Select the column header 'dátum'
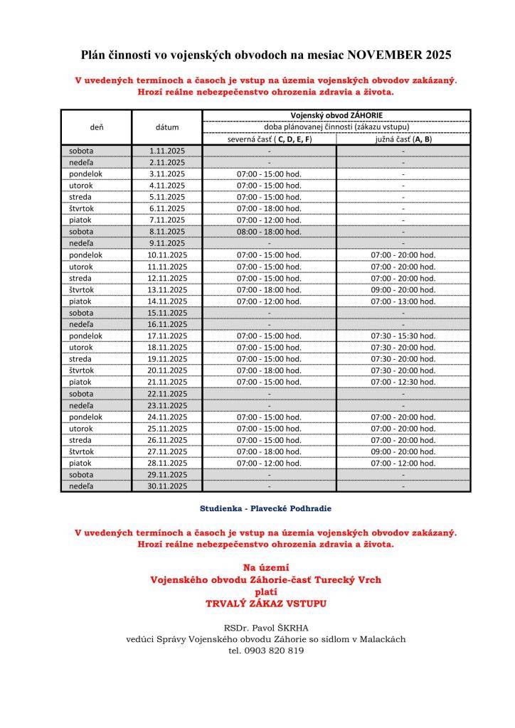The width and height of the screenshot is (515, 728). pos(167,127)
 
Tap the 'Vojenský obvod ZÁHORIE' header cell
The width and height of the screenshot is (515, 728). pos(336,115)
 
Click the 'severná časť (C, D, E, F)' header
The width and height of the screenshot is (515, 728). pos(270,139)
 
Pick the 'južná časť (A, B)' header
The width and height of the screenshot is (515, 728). pos(403,139)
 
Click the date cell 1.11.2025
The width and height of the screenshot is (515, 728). pos(167,151)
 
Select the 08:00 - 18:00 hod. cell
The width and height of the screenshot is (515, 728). pos(270,232)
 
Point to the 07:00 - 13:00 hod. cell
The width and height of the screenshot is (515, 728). pos(403,301)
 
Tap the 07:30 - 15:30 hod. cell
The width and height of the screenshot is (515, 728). pos(403,336)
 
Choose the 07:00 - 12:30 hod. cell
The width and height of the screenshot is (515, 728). pos(403,382)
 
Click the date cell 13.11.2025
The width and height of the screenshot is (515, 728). pos(167,289)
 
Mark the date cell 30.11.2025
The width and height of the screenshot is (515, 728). pos(167,486)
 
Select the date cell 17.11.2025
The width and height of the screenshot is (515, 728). pos(167,336)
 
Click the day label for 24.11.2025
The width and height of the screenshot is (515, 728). pos(86,417)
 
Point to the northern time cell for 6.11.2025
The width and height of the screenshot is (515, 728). pos(270,208)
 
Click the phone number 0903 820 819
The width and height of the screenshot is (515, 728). pos(275,650)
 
